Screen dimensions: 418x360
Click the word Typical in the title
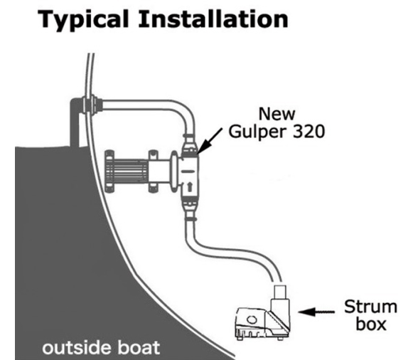[83, 20]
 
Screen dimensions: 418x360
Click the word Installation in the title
[213, 18]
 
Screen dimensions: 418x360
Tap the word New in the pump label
[277, 114]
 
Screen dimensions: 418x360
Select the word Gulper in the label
[258, 132]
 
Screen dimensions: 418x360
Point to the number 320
[309, 132]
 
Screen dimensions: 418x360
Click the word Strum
[370, 307]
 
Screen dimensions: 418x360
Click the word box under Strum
[371, 324]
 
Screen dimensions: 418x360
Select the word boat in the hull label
[139, 347]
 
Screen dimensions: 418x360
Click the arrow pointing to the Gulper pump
[210, 140]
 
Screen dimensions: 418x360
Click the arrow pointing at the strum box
[316, 312]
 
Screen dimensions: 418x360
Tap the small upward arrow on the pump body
[190, 186]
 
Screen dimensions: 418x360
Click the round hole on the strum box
[251, 319]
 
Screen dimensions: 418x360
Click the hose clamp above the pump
[189, 136]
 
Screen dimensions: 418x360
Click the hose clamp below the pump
[191, 219]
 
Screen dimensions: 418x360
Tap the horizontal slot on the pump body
[189, 171]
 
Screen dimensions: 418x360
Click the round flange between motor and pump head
[175, 171]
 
